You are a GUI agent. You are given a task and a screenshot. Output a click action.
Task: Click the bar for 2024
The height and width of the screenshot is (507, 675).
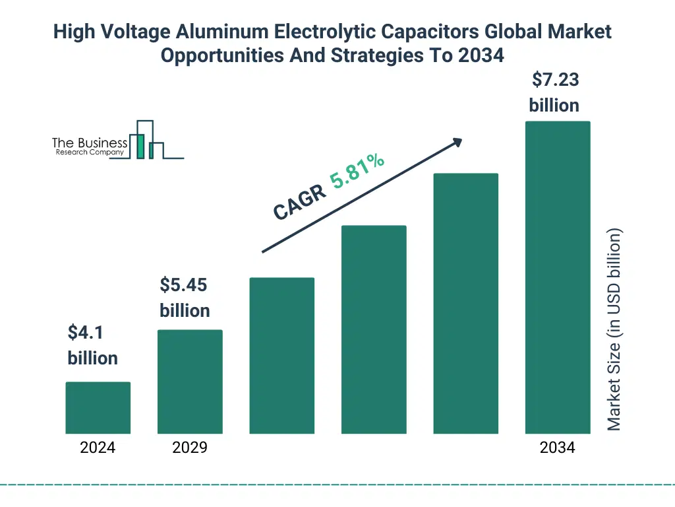(98, 407)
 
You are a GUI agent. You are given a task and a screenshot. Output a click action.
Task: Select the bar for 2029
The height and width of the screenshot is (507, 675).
(190, 382)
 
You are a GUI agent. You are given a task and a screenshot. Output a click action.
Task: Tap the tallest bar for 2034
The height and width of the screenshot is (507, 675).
(557, 277)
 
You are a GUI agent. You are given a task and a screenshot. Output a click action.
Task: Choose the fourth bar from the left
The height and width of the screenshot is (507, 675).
(374, 329)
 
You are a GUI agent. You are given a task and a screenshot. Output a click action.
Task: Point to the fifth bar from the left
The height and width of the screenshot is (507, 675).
(465, 304)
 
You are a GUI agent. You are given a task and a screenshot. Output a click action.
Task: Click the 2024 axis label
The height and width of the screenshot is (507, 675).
(98, 448)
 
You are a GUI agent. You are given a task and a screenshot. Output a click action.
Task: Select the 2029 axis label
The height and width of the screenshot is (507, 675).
(190, 448)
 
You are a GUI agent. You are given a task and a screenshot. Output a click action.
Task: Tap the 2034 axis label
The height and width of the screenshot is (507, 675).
(557, 448)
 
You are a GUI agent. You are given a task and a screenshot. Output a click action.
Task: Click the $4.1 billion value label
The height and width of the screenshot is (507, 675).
(92, 345)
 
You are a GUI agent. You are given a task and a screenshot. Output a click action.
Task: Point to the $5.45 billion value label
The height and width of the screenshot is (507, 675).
(185, 298)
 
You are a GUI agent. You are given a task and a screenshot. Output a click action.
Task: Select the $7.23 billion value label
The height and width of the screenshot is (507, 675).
(554, 92)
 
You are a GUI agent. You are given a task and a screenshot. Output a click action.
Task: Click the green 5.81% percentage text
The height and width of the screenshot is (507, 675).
(358, 171)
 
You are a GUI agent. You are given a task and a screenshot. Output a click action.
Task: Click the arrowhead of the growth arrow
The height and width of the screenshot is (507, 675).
(457, 142)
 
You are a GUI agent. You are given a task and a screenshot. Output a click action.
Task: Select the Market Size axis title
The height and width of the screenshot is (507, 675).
(614, 329)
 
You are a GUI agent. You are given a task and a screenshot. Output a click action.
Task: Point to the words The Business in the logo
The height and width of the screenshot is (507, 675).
(90, 143)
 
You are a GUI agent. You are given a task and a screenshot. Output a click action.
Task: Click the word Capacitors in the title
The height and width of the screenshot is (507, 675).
(393, 32)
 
